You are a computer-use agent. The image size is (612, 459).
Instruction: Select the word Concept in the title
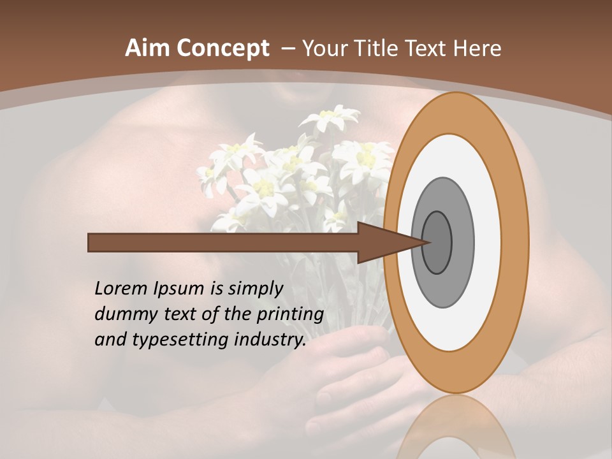[x=222, y=49]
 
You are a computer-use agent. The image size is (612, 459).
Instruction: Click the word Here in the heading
[x=478, y=48]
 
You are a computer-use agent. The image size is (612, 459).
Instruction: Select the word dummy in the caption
[x=121, y=314]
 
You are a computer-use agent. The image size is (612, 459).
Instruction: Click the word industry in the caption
[x=271, y=340]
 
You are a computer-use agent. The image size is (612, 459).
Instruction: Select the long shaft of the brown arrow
[x=223, y=242]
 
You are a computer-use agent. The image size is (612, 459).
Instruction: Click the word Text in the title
[x=425, y=48]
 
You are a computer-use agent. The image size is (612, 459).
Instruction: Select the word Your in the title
[x=323, y=48]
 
